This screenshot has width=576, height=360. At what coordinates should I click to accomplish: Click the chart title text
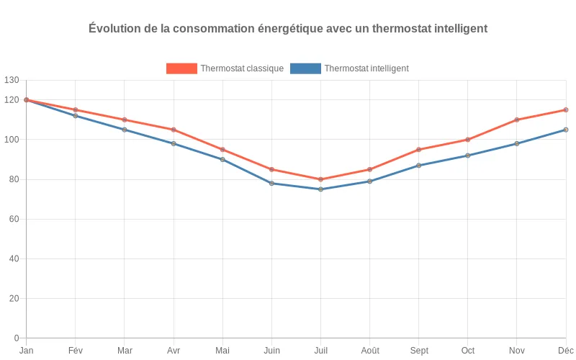[288, 29]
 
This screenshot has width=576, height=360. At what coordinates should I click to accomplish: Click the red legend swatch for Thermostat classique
[181, 68]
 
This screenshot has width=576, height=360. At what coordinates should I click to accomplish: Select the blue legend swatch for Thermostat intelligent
[305, 68]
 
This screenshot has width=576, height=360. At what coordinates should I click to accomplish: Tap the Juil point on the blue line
[320, 189]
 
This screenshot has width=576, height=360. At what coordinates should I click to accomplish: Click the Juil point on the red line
[320, 179]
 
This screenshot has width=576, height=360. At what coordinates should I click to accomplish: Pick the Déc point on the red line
[566, 110]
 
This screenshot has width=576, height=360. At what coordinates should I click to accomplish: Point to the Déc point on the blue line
[566, 130]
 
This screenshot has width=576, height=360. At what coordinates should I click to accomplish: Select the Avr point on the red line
[174, 130]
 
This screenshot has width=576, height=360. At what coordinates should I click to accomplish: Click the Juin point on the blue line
[271, 184]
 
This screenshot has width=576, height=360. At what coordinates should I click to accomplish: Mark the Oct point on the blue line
[468, 156]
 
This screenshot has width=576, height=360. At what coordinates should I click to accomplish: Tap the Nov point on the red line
[517, 120]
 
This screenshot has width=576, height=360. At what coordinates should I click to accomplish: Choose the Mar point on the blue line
[125, 130]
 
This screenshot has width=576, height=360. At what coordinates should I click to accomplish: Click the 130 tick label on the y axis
[11, 80]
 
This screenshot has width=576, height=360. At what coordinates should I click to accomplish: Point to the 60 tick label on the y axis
[14, 219]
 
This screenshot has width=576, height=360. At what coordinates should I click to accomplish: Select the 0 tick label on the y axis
[17, 338]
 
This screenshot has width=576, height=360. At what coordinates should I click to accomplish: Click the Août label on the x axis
[369, 351]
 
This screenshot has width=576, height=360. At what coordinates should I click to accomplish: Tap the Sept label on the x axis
[419, 351]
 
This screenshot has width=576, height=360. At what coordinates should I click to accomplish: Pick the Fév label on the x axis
[76, 351]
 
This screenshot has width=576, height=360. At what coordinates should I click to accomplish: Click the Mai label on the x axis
[222, 351]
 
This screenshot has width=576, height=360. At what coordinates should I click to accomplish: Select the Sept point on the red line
[419, 150]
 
